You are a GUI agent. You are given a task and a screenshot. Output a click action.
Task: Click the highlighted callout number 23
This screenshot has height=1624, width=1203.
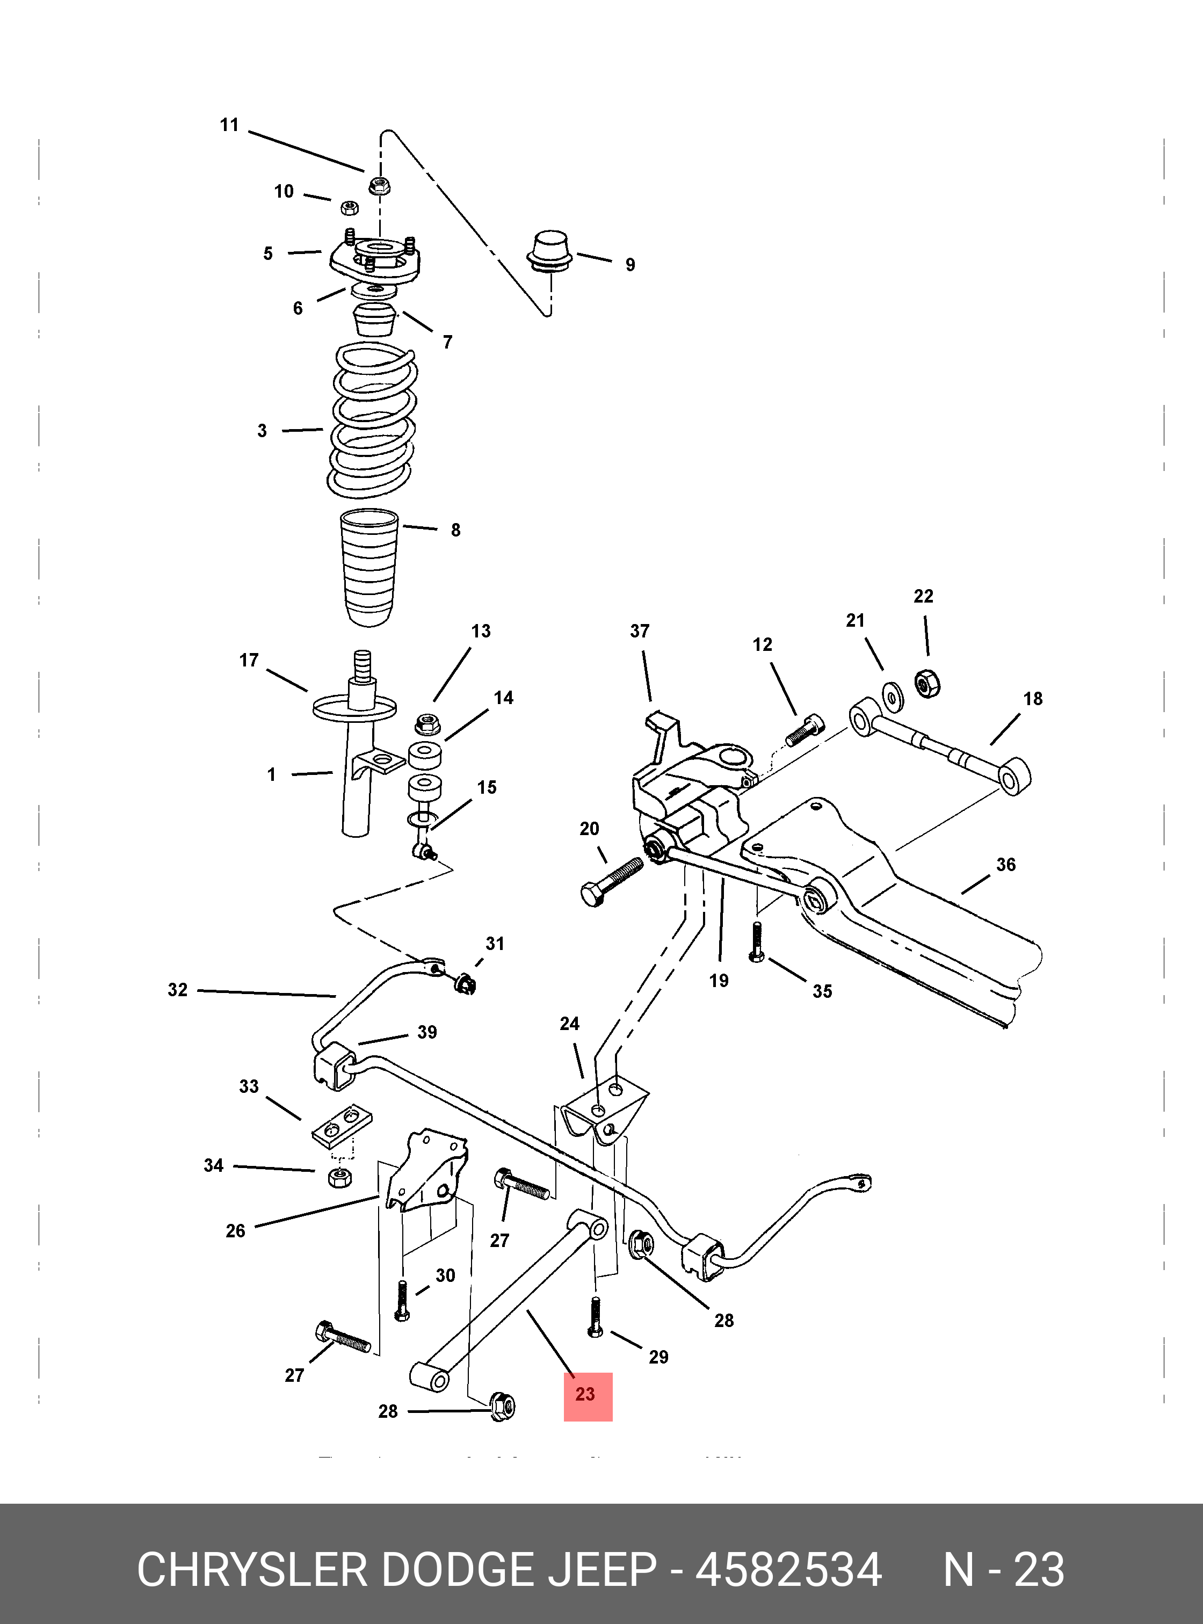(585, 1394)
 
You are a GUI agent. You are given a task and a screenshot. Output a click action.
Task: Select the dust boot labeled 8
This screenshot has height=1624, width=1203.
(370, 567)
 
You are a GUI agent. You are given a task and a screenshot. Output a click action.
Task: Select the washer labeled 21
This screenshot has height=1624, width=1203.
(890, 695)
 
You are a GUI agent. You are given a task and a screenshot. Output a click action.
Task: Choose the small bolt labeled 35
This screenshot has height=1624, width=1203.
(757, 941)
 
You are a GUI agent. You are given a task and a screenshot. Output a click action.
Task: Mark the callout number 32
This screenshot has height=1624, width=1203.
(178, 990)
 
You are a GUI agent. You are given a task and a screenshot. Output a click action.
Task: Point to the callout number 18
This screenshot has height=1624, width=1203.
(1033, 698)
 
